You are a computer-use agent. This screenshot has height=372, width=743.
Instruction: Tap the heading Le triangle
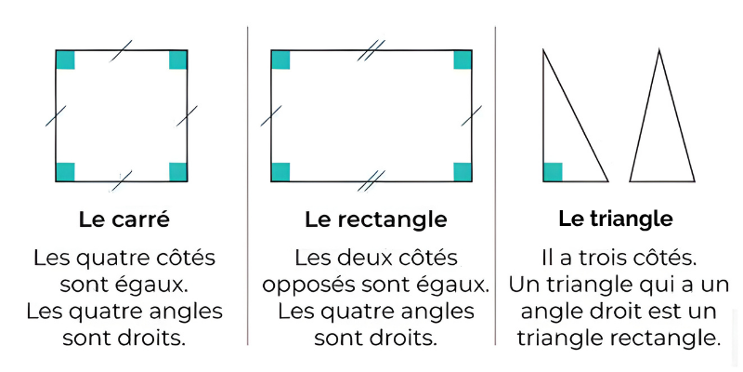point(615,219)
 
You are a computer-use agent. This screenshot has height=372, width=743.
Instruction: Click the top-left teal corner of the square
point(65,60)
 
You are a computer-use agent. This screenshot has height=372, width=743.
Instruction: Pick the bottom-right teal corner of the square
point(178,171)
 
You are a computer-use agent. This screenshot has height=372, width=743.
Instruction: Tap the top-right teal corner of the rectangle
point(463,60)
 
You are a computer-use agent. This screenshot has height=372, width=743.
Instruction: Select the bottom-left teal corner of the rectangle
point(280,171)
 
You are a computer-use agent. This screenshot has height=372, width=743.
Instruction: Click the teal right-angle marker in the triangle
point(553,171)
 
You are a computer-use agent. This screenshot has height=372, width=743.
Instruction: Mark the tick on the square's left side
point(56,116)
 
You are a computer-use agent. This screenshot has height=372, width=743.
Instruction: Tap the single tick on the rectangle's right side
point(472,116)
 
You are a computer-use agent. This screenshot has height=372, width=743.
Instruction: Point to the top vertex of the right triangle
point(544,50)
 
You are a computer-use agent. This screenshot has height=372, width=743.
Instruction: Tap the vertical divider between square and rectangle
point(248,186)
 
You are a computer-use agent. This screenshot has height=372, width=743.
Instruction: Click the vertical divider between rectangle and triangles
point(495,186)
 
